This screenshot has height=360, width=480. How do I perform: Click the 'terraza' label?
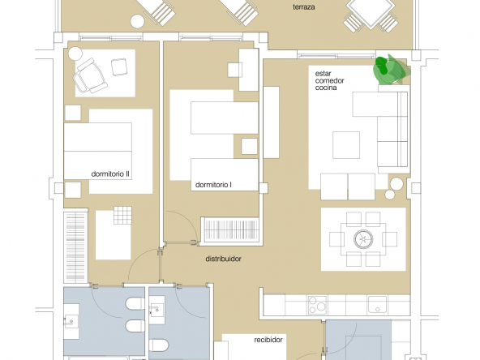tap(304, 7)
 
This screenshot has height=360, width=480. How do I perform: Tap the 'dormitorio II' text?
tap(110, 174)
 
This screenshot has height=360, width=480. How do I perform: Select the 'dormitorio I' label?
tap(213, 185)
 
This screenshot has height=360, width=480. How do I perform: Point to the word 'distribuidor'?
tap(224, 259)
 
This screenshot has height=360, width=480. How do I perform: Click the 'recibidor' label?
tap(268, 340)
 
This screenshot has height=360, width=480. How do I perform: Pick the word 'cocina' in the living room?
tap(326, 88)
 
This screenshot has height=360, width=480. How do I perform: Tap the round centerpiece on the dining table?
tap(363, 239)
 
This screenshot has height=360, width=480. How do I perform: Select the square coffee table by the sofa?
tap(346, 145)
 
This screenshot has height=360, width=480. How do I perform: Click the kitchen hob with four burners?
tap(317, 305)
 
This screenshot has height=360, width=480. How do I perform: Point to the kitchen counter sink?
tap(377, 304)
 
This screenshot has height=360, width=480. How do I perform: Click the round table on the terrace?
tap(137, 21)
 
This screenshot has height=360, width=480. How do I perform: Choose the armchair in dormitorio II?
tap(90, 75)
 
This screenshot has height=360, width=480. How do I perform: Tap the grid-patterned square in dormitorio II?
tap(122, 215)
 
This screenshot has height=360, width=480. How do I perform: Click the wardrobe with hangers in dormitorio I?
tap(230, 229)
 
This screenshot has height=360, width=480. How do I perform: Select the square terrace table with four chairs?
tap(371, 13)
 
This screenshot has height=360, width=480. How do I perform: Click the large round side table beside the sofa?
tap(396, 184)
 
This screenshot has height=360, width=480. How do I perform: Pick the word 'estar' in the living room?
tap(323, 74)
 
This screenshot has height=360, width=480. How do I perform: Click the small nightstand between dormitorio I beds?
tap(249, 146)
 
